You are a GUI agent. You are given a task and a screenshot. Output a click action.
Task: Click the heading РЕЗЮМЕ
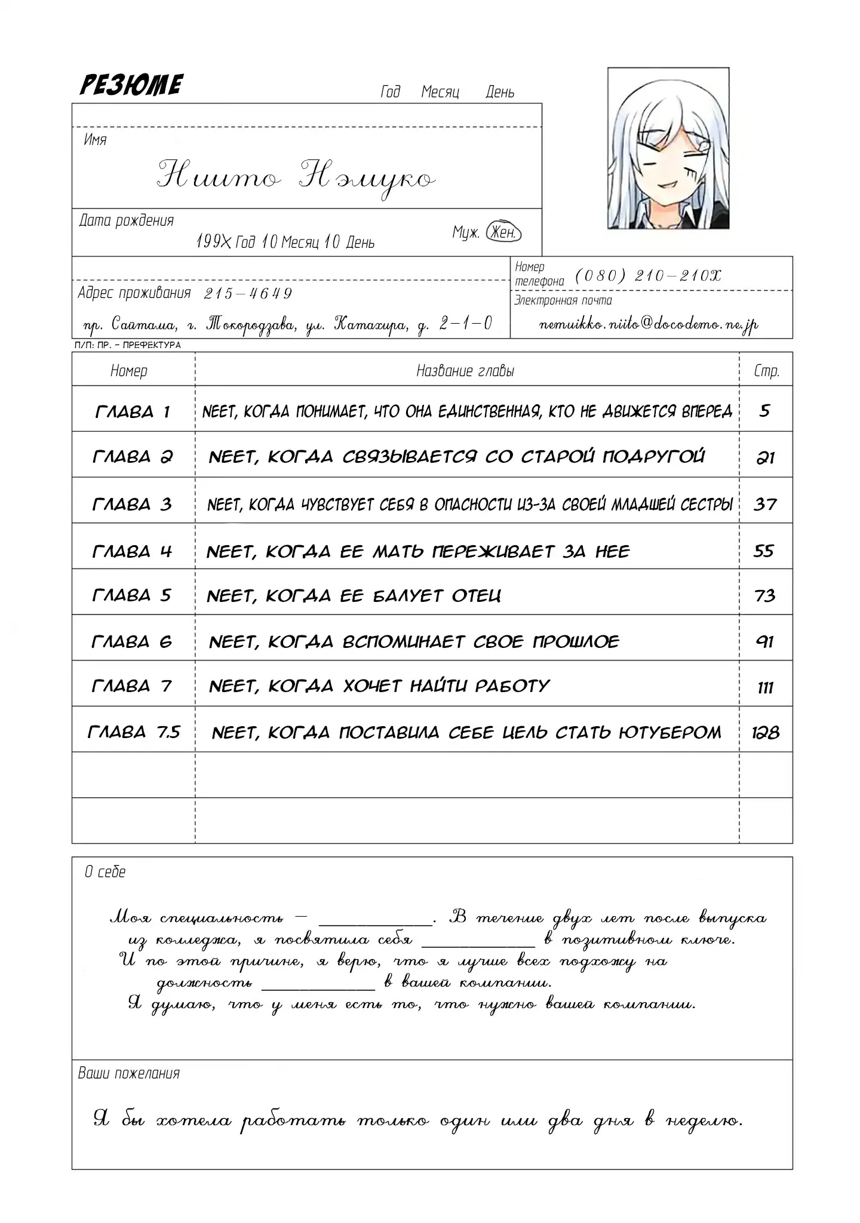pyautogui.click(x=131, y=85)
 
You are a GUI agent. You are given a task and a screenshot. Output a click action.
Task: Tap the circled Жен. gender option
pyautogui.click(x=503, y=232)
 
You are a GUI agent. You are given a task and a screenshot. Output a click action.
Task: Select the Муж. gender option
pyautogui.click(x=465, y=232)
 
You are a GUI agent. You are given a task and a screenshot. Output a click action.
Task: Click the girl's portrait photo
pyautogui.click(x=668, y=148)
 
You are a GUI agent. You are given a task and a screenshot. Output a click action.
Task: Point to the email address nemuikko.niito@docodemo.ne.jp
pyautogui.click(x=648, y=324)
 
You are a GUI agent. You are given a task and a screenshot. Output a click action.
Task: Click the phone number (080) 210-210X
pyautogui.click(x=648, y=275)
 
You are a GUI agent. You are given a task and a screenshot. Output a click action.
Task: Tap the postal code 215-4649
pyautogui.click(x=248, y=293)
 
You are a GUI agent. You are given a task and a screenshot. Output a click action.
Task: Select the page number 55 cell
pyautogui.click(x=764, y=551)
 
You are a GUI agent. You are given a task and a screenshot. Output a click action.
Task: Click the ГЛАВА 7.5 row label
pyautogui.click(x=134, y=732)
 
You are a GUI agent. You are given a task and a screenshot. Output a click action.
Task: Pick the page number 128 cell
pyautogui.click(x=765, y=732)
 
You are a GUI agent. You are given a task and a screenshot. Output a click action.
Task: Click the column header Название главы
pyautogui.click(x=465, y=371)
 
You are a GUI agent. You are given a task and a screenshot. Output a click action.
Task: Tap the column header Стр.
pyautogui.click(x=766, y=371)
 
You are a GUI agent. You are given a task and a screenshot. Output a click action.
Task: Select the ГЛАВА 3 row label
pyautogui.click(x=132, y=505)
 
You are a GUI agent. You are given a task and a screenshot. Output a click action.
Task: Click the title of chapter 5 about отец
pyautogui.click(x=354, y=595)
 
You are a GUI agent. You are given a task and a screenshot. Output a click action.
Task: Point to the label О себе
pyautogui.click(x=105, y=872)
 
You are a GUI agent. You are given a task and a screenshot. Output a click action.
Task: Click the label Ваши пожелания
pyautogui.click(x=129, y=1073)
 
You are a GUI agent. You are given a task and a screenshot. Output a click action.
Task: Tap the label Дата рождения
pyautogui.click(x=127, y=220)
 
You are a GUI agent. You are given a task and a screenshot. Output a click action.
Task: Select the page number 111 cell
pyautogui.click(x=765, y=687)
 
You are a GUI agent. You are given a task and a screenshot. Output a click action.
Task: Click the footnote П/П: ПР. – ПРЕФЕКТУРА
pyautogui.click(x=128, y=345)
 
